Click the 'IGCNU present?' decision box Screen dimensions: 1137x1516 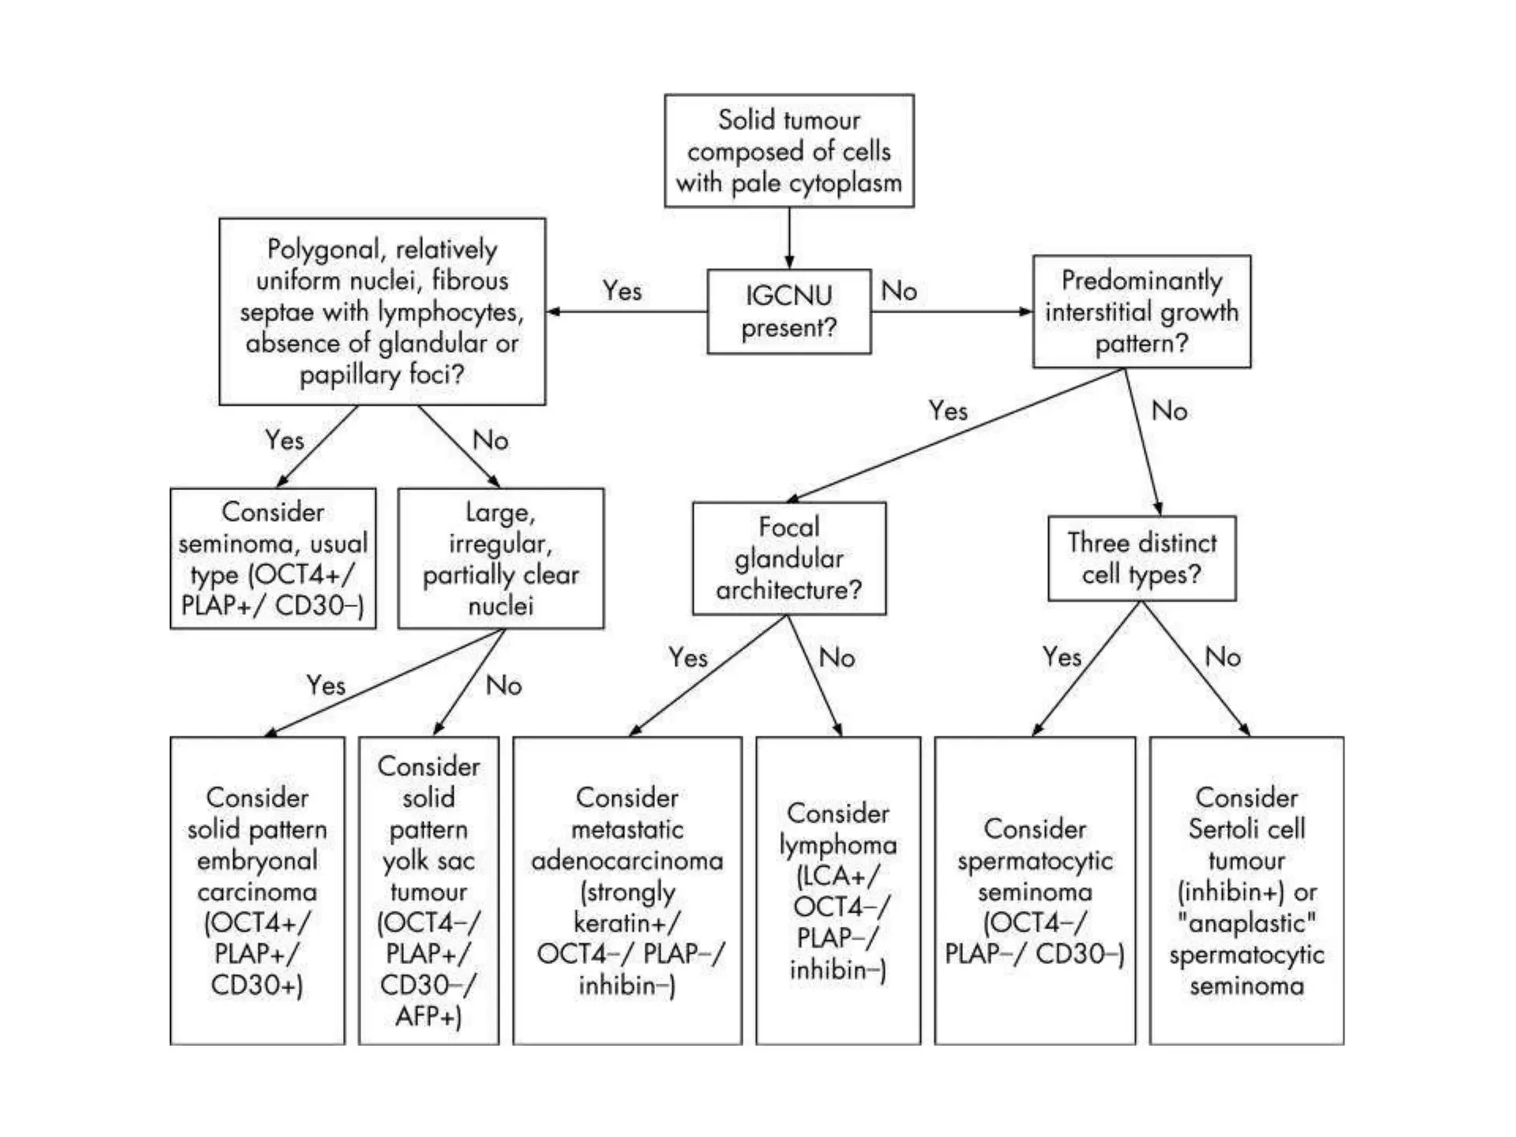point(788,311)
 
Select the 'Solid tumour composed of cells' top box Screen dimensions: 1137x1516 point(789,151)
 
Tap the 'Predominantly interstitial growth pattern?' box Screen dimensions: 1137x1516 point(1141,312)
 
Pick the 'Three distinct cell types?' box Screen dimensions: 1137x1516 point(1141,558)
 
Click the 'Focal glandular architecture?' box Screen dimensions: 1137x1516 point(789,558)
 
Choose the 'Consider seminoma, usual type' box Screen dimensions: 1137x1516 point(273,558)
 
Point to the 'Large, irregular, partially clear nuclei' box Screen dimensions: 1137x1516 point(500,558)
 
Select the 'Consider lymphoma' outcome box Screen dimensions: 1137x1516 point(838,891)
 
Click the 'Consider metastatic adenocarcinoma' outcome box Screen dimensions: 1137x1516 point(627,891)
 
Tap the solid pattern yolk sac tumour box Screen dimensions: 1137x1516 point(429,891)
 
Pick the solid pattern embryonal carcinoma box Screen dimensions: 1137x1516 point(257,891)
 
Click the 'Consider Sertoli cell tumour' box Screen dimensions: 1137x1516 point(1247,891)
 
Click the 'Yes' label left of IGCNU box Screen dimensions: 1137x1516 point(622,291)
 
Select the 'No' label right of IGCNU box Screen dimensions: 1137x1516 point(899,291)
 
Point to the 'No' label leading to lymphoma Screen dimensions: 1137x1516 point(837,657)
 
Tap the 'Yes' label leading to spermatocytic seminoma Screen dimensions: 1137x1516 point(1062,657)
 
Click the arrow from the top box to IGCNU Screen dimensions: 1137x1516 point(789,238)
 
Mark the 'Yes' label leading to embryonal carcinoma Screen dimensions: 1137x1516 point(326,685)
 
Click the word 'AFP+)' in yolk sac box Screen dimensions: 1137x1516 point(429,1016)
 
